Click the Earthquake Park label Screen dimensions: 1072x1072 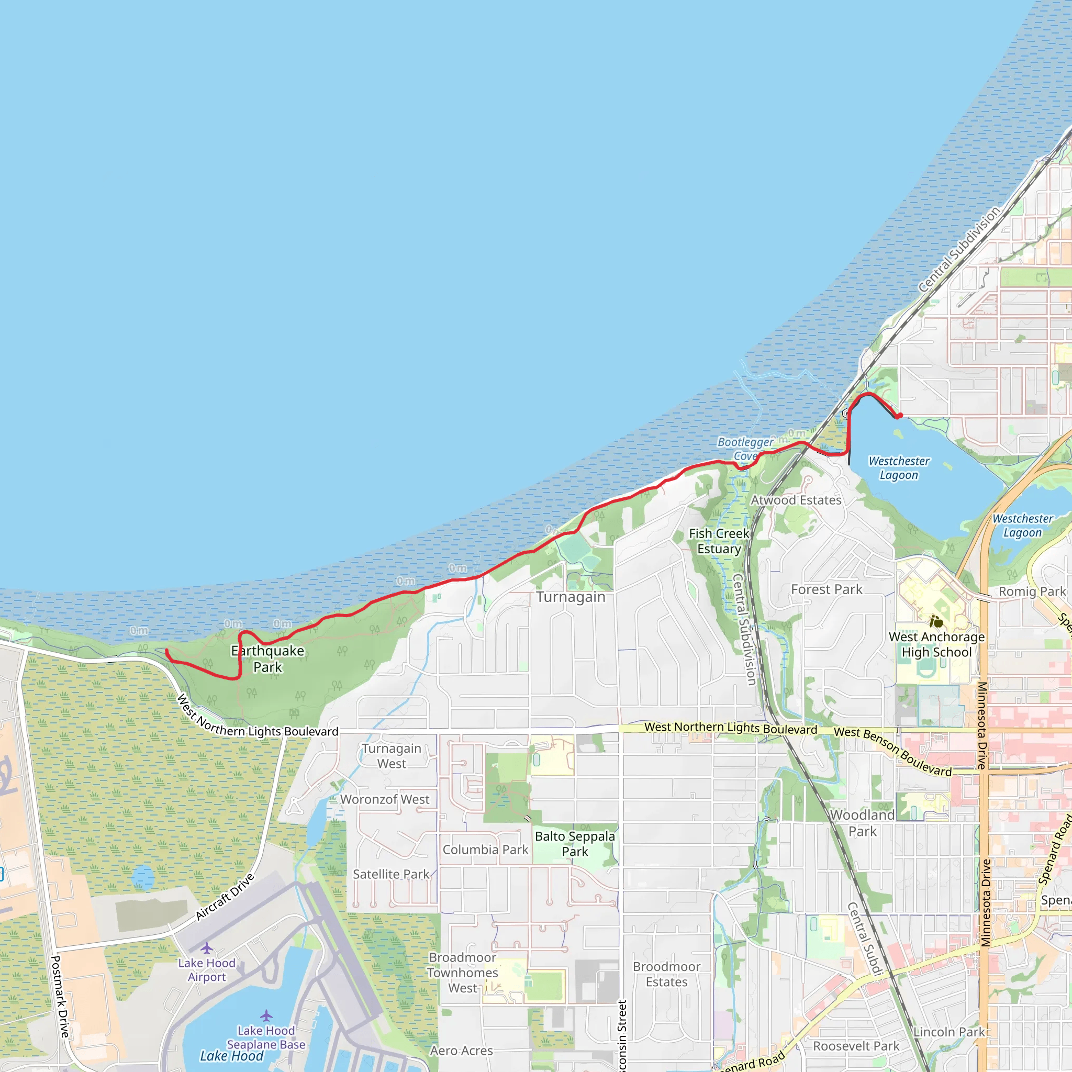[x=267, y=658]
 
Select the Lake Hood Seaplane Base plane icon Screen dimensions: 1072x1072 [x=266, y=1015]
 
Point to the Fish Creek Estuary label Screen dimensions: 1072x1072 [x=719, y=541]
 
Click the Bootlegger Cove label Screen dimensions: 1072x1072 [x=745, y=449]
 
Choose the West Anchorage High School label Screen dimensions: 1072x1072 [x=936, y=644]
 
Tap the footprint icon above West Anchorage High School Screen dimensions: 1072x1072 [x=936, y=622]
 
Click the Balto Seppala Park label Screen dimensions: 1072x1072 [x=575, y=843]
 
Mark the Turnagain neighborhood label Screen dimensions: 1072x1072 [x=571, y=597]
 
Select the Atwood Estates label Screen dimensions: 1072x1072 [x=796, y=500]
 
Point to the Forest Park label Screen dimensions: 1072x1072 [x=826, y=589]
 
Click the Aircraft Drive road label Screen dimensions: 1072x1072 [x=225, y=897]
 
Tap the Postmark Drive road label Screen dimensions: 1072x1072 [x=60, y=996]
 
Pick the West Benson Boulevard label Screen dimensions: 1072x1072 [x=892, y=752]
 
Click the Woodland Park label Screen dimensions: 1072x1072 [x=862, y=823]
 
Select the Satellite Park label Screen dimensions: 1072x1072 [x=391, y=874]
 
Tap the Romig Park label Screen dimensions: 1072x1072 [x=1032, y=591]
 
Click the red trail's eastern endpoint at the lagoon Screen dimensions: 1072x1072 [x=899, y=416]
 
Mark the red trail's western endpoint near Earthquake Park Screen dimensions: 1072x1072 [x=167, y=650]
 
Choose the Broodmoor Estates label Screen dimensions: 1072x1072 [x=666, y=974]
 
